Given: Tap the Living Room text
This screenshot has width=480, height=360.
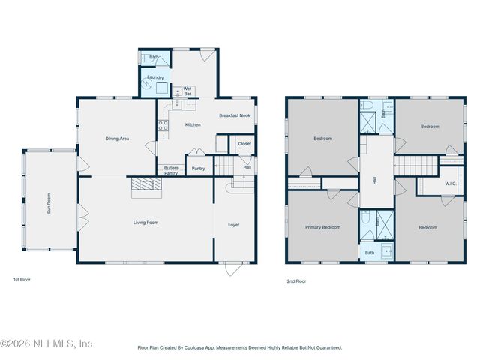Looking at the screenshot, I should coord(145,223).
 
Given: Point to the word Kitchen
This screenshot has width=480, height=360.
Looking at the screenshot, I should coord(193,124).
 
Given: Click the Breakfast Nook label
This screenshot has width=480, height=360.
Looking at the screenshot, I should coord(233,115).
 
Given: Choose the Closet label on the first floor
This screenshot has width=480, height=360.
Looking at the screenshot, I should coord(244,143).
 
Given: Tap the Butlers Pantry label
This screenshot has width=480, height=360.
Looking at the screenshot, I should coord(171,170).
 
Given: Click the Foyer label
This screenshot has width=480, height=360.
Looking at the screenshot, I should coord(234,224).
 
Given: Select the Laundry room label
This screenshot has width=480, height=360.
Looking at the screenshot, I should coord(155,77).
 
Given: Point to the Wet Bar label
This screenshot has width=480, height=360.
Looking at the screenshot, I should coord(187,91).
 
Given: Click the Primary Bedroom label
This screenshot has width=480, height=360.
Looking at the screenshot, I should coord(322,227).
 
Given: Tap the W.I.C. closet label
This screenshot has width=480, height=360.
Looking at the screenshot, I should coord(450,184).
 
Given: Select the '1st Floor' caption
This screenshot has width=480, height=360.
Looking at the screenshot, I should coord(22,280).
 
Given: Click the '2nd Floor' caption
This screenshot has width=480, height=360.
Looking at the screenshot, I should coord(296,281).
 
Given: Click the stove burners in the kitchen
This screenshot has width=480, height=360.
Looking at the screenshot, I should coord(162,126).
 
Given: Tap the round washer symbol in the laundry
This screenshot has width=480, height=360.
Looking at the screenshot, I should coord(148,85).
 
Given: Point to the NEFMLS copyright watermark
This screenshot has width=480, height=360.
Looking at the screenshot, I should coord(46,343).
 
